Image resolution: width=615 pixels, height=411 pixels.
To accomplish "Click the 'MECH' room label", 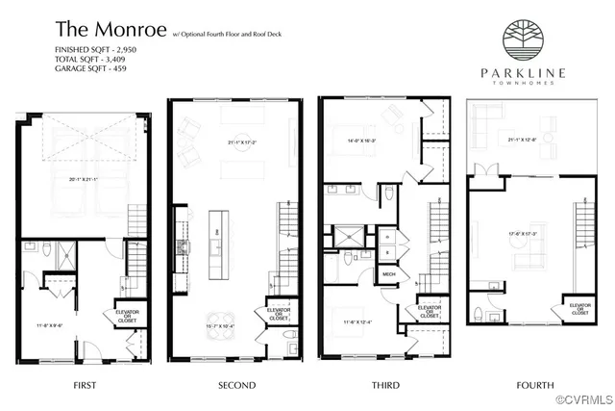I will [389, 274].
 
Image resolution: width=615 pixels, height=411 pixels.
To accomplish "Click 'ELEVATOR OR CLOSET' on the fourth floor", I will [580, 309].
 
